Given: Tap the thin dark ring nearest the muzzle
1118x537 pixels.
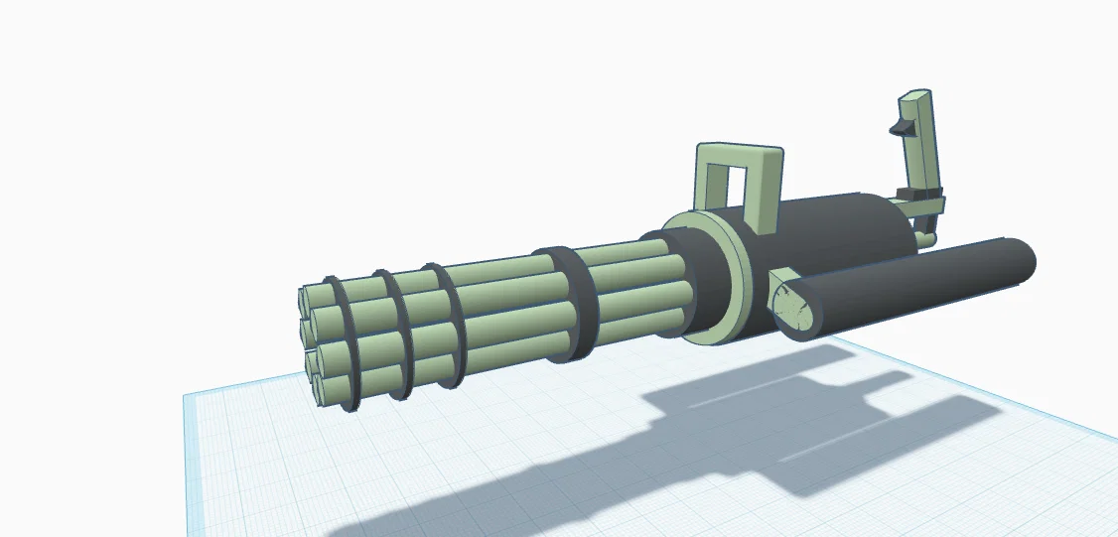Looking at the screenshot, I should click(x=343, y=342).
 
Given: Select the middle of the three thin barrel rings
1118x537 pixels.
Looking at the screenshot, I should click(x=395, y=333).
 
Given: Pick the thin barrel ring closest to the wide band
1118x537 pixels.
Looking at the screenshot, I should click(x=447, y=323).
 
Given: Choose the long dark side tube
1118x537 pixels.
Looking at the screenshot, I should click(x=913, y=283).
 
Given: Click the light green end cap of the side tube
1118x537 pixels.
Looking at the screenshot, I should click(x=798, y=306).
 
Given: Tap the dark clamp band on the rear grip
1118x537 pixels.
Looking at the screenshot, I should click(x=918, y=193).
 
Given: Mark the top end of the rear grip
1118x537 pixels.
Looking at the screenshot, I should click(x=915, y=98).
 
